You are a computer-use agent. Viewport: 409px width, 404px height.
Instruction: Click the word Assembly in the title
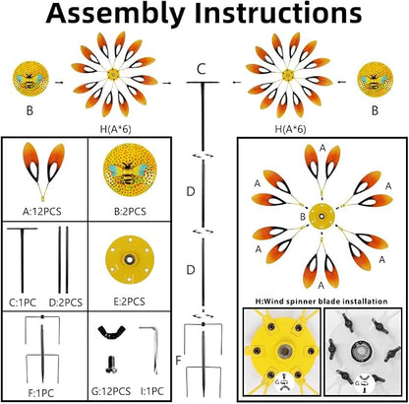coord(116,13)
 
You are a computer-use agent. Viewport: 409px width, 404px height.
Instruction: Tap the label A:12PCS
coord(42,211)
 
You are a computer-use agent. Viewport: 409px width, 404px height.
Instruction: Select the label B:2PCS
coord(130,211)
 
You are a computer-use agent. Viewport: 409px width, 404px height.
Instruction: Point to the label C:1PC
coord(23,303)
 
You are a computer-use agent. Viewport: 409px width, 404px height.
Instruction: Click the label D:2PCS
coord(66,303)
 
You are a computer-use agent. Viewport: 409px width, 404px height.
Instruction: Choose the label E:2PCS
coord(130,302)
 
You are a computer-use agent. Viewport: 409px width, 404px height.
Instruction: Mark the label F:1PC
coord(41,392)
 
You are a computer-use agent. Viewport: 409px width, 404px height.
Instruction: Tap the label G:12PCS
coord(111,391)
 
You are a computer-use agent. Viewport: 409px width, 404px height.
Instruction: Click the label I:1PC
coord(152,391)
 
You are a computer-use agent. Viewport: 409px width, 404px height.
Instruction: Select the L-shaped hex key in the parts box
coord(154,348)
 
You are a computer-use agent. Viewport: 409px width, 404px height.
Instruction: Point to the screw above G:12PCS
coord(111,365)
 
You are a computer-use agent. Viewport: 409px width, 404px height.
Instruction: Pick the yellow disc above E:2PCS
coord(130,259)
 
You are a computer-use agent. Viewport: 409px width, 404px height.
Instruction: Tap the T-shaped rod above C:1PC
coord(23,259)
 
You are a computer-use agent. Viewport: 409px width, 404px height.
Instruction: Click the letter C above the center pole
coord(202,69)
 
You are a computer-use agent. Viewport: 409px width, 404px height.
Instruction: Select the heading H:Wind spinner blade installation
coord(321,302)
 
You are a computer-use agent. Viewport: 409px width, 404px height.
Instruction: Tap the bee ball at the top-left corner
coord(30,79)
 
